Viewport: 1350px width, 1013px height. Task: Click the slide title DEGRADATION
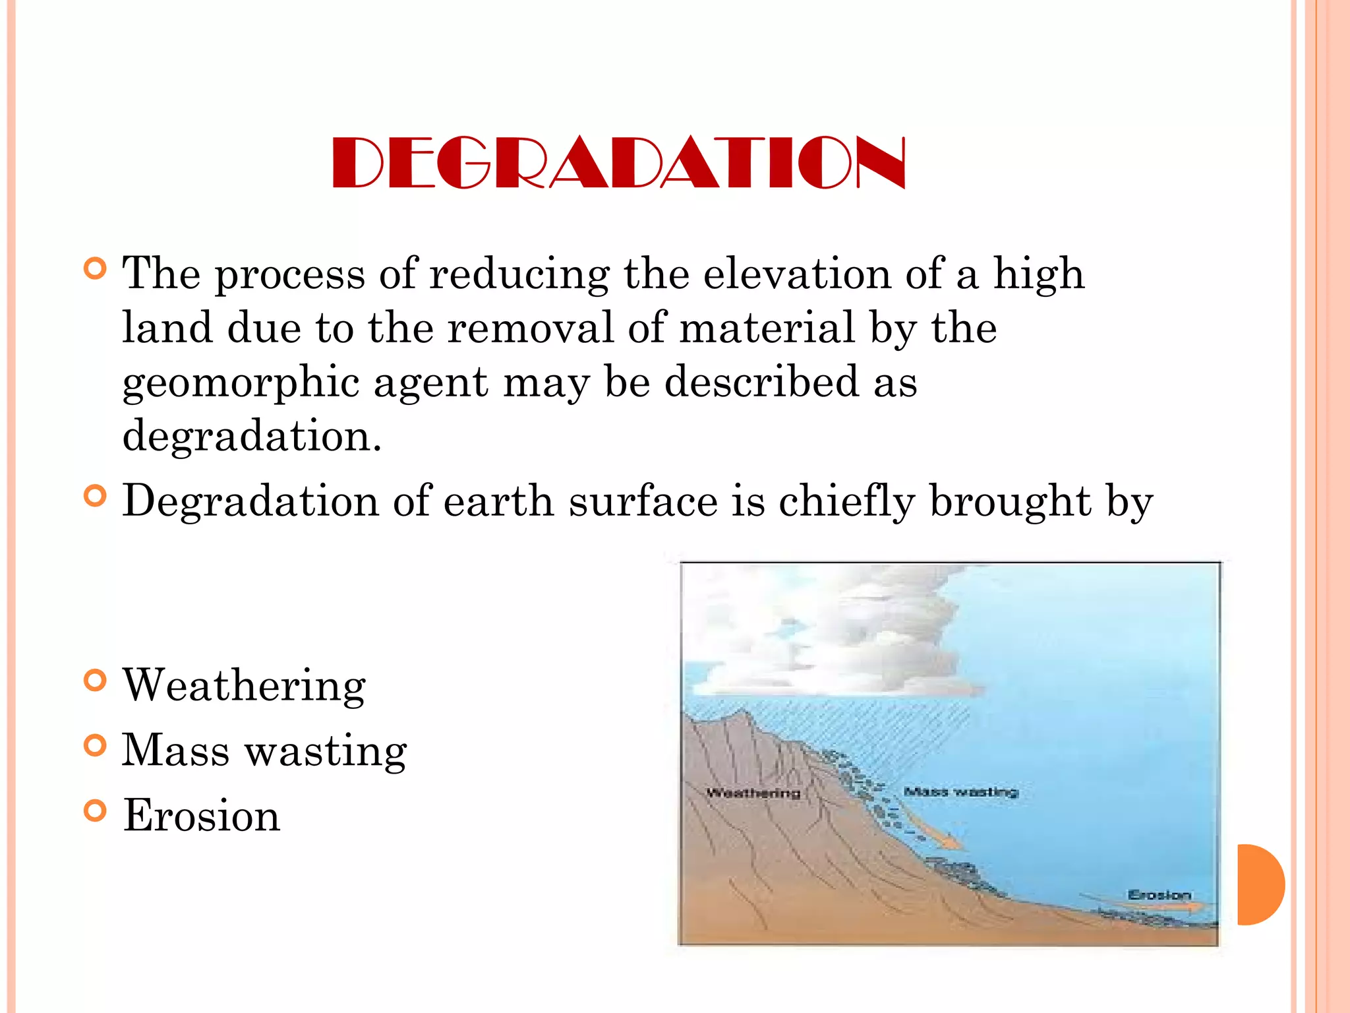click(x=618, y=162)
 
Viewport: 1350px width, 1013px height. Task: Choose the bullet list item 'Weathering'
click(x=244, y=685)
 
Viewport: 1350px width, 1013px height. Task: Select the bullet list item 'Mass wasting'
click(x=264, y=751)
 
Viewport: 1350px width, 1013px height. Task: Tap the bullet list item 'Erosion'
click(x=202, y=815)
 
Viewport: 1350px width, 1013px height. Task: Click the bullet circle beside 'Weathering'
click(x=96, y=681)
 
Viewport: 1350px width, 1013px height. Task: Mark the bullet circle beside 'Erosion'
click(x=96, y=811)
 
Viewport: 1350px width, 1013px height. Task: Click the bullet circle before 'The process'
click(x=96, y=268)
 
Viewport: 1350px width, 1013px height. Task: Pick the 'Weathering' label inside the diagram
click(x=753, y=793)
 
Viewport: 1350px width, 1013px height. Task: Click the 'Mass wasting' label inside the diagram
click(x=961, y=791)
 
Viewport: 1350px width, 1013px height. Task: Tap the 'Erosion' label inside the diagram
click(x=1159, y=895)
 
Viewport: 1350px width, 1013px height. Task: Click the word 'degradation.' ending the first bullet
click(x=252, y=437)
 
